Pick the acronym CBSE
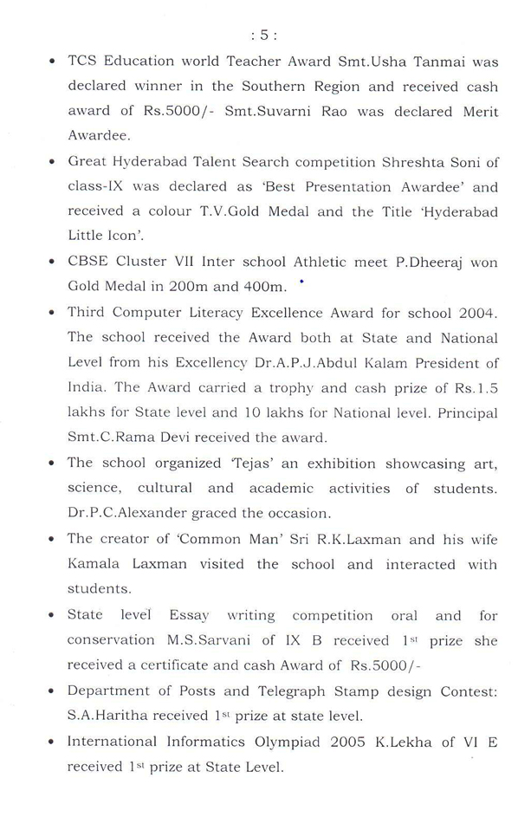87,262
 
